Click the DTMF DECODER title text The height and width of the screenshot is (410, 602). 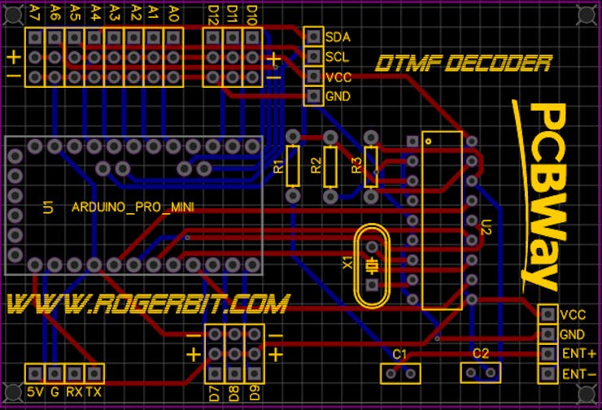click(x=464, y=63)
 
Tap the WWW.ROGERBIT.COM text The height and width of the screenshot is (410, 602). click(x=147, y=304)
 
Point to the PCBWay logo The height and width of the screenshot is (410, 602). click(x=542, y=195)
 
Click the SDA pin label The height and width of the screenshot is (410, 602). click(x=338, y=37)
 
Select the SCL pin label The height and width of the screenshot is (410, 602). click(x=338, y=57)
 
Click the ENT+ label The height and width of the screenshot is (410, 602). click(x=579, y=354)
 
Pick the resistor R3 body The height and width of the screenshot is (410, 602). click(x=372, y=166)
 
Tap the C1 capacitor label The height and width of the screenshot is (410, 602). click(x=399, y=354)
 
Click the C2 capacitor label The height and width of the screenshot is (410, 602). click(x=481, y=354)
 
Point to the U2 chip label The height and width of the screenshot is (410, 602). click(x=486, y=227)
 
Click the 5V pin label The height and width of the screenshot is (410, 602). click(x=35, y=392)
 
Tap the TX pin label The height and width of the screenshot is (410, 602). click(x=94, y=392)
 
